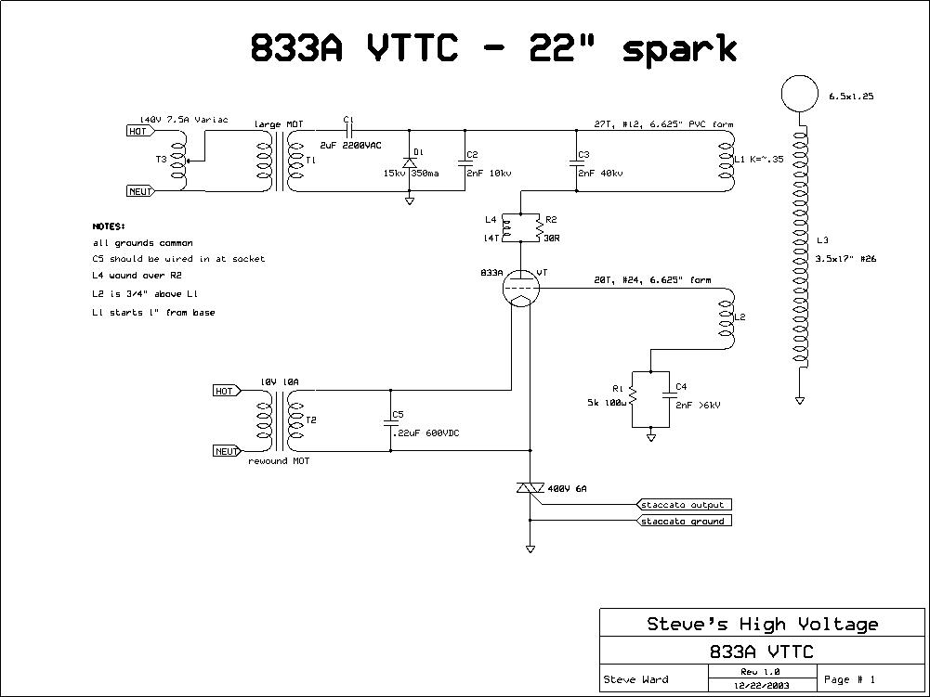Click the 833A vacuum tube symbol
(x=519, y=289)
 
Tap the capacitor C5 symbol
(x=390, y=422)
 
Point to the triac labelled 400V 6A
(x=530, y=489)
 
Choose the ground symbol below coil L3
(x=799, y=400)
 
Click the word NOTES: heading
(x=109, y=226)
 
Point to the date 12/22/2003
(x=748, y=685)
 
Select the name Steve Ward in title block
(x=637, y=679)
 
